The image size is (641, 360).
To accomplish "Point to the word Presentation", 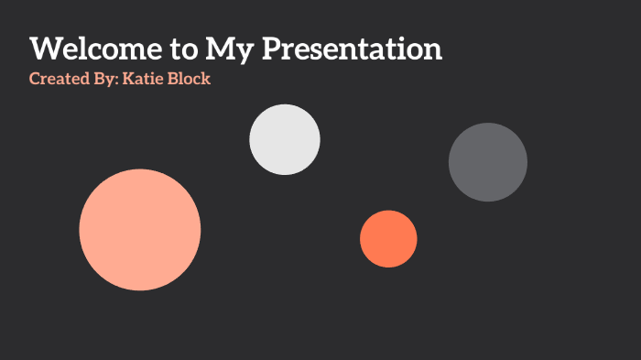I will pyautogui.click(x=353, y=48).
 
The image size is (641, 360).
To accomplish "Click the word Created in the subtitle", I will pyautogui.click(x=56, y=79).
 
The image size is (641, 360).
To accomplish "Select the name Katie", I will pyautogui.click(x=145, y=79).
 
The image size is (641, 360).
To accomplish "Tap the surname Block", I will pyautogui.click(x=190, y=79).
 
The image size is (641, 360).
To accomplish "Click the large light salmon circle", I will pyautogui.click(x=140, y=230).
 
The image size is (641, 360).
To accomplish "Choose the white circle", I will pyautogui.click(x=285, y=139).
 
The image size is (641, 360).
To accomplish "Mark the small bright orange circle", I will pyautogui.click(x=388, y=239).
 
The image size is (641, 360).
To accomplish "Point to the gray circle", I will pyautogui.click(x=488, y=162).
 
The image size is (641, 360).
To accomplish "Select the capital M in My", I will pyautogui.click(x=221, y=48).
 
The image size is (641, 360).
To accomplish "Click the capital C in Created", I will pyautogui.click(x=35, y=79).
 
